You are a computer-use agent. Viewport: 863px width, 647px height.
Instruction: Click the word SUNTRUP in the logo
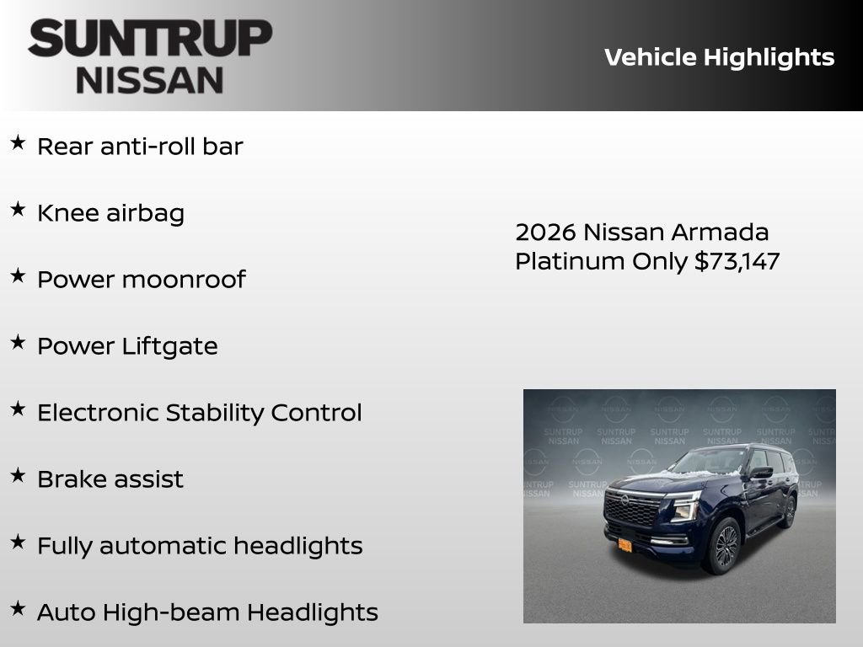pyautogui.click(x=150, y=39)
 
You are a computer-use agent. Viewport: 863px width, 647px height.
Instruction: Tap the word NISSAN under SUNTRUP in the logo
pyautogui.click(x=150, y=80)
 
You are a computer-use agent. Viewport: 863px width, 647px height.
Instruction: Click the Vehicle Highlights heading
pyautogui.click(x=719, y=57)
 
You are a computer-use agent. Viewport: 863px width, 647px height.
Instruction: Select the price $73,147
pyautogui.click(x=737, y=261)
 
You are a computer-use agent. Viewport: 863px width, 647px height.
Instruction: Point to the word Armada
pyautogui.click(x=724, y=233)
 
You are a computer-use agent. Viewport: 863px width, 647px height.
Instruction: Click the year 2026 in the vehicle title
pyautogui.click(x=545, y=233)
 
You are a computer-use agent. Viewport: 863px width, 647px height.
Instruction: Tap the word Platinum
pyautogui.click(x=570, y=261)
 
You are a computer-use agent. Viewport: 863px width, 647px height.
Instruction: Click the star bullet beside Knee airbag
pyautogui.click(x=18, y=210)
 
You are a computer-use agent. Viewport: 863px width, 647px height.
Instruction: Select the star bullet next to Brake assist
pyautogui.click(x=18, y=476)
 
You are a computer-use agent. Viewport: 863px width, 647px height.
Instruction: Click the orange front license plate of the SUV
pyautogui.click(x=624, y=545)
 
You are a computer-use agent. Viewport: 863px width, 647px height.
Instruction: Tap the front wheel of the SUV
pyautogui.click(x=724, y=546)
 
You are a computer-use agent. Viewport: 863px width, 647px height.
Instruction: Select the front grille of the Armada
pyautogui.click(x=634, y=509)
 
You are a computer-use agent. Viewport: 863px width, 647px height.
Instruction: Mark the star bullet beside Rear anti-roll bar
pyautogui.click(x=18, y=143)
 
